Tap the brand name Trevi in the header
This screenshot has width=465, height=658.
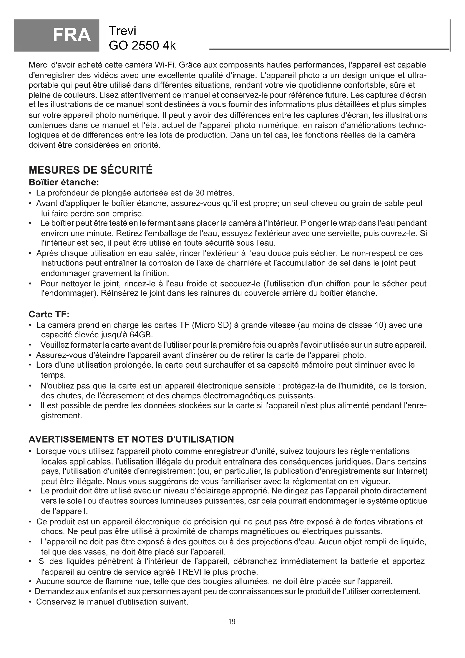(123, 31)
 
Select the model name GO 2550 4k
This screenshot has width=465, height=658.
(142, 45)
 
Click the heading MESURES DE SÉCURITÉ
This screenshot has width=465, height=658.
(91, 170)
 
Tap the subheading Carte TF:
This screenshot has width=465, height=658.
(49, 315)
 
